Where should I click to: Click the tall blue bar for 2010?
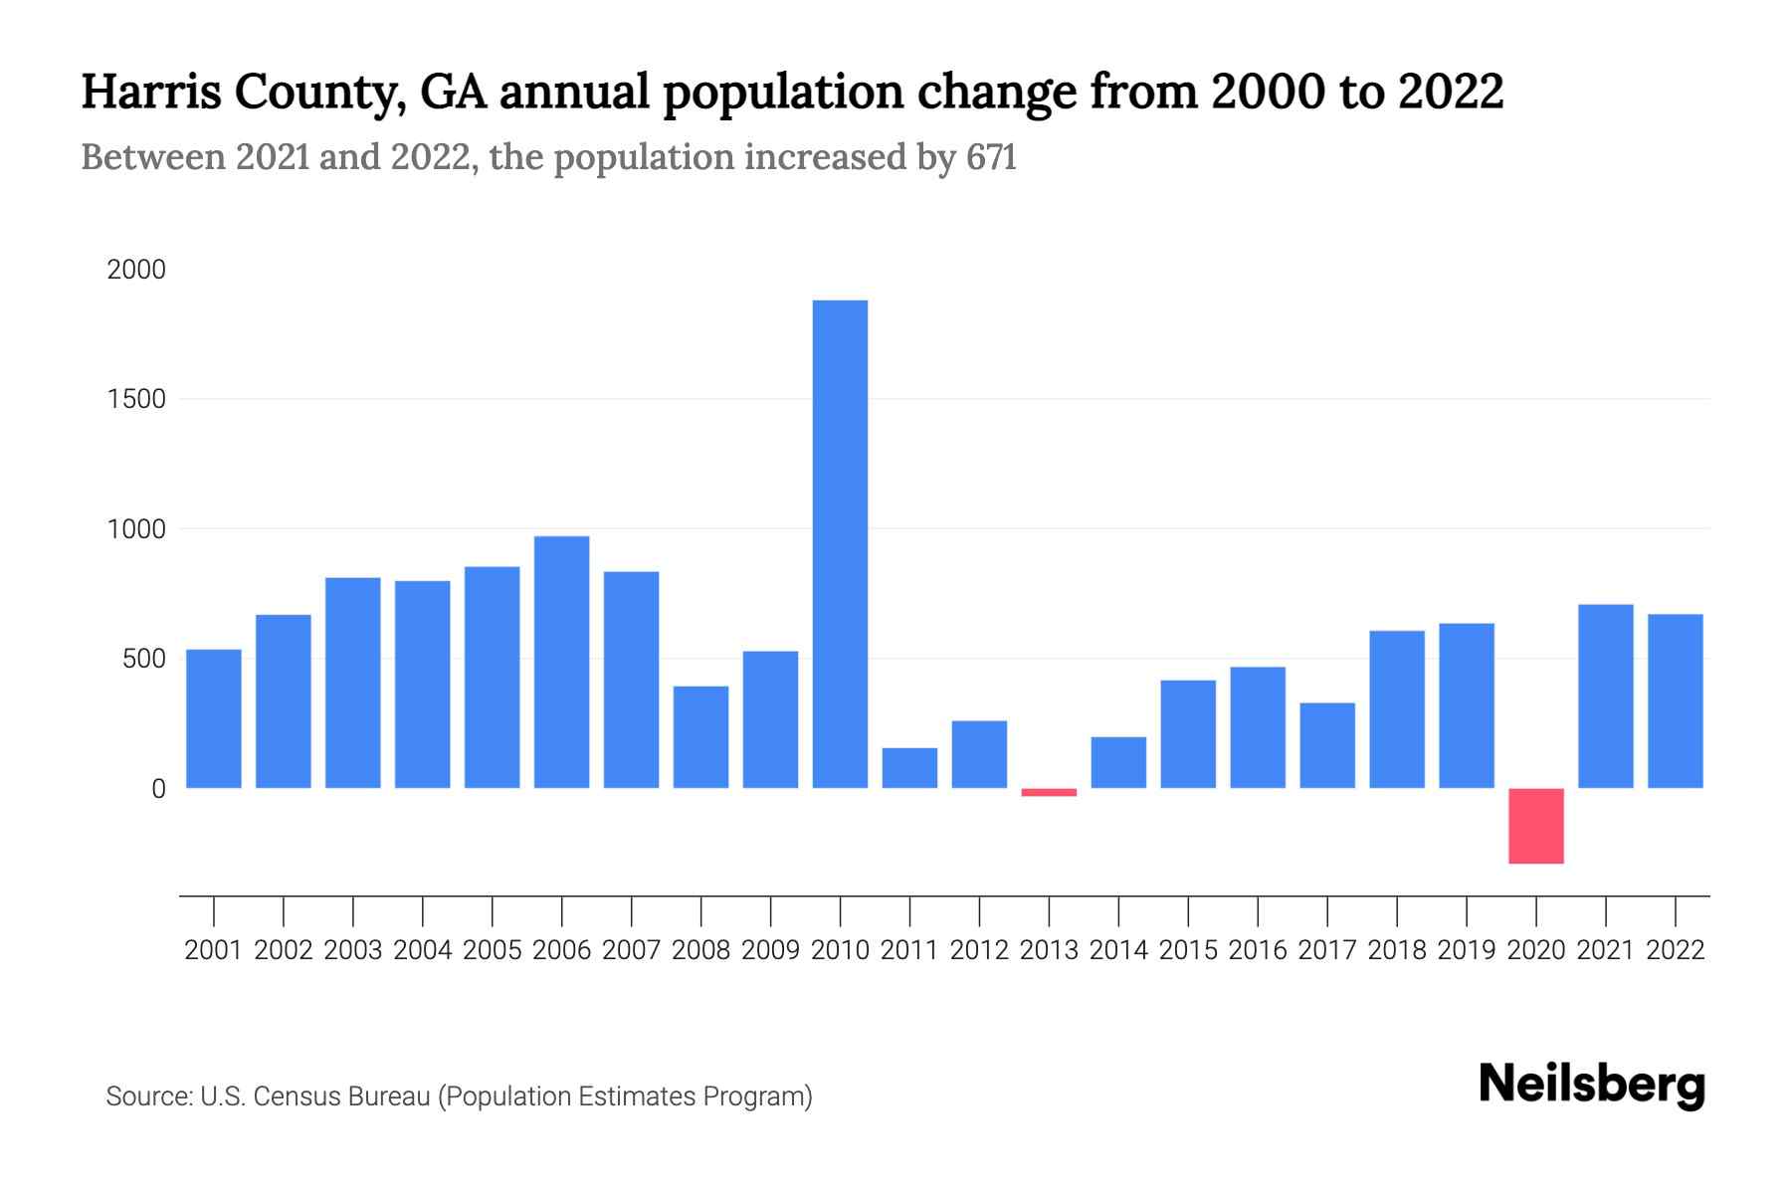[840, 543]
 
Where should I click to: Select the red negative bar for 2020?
[1535, 825]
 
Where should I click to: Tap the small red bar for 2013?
[1049, 792]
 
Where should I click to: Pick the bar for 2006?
[561, 662]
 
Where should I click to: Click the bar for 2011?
[909, 767]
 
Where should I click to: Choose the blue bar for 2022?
[1675, 700]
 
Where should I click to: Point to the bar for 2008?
[700, 736]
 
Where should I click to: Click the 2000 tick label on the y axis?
[136, 270]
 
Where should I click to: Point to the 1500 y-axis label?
[136, 399]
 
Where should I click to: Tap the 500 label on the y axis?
[144, 659]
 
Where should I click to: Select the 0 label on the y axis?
[157, 789]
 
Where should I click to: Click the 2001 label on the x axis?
[213, 950]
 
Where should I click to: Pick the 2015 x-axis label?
[1188, 950]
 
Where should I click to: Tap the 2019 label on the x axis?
[1466, 950]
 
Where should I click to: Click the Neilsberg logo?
[1591, 1085]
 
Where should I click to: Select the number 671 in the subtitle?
[990, 157]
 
